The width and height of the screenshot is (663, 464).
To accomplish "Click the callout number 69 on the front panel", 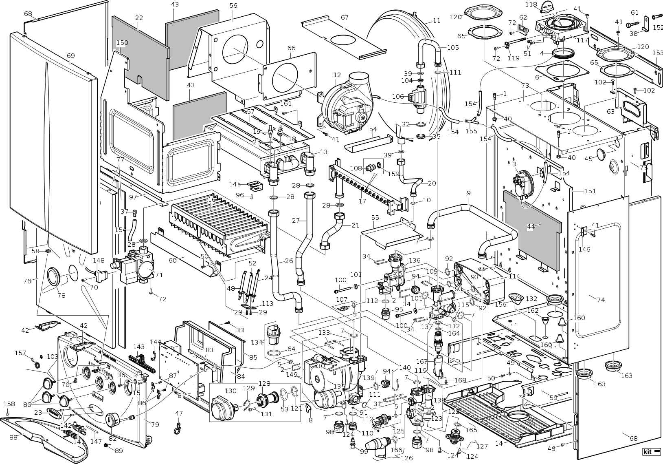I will tap(71, 62).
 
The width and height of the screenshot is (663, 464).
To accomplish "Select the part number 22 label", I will tap(139, 18).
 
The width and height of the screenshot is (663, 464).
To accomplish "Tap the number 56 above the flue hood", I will tap(233, 6).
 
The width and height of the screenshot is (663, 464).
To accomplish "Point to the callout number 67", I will tap(345, 17).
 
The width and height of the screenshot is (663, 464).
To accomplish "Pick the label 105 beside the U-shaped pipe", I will tap(452, 47).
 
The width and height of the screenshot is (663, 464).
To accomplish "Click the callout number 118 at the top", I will tap(531, 4).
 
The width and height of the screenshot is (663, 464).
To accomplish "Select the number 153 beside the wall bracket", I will tap(658, 53).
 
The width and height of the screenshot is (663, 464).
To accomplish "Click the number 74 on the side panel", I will tap(601, 300).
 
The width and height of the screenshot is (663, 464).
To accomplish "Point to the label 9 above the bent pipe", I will tap(468, 193).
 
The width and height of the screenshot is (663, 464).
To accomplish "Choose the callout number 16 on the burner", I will tap(211, 200).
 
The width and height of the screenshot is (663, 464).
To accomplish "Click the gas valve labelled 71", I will tap(136, 267).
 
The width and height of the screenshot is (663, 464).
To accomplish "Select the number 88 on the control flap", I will tap(13, 437).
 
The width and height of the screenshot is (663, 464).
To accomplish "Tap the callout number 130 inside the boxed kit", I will tap(230, 391).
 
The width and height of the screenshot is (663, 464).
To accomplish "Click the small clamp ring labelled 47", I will tap(178, 428).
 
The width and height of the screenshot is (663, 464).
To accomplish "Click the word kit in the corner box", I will tap(648, 452).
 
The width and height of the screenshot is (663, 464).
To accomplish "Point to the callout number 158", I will tap(9, 404).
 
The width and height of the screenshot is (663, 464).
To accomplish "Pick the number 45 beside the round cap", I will tap(588, 159).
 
